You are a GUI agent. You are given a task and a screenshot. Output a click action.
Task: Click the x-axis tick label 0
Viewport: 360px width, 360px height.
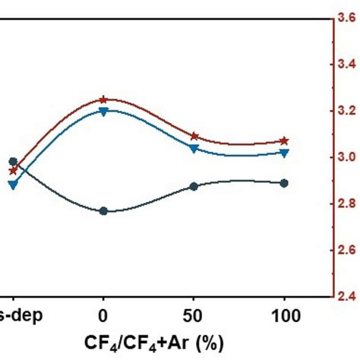pos(103,314)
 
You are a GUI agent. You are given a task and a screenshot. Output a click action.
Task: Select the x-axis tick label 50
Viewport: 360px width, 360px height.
pos(194,314)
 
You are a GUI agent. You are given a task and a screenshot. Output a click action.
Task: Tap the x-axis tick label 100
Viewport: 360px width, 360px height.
pos(284,314)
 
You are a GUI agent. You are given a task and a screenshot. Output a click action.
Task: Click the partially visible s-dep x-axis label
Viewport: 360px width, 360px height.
pos(14,314)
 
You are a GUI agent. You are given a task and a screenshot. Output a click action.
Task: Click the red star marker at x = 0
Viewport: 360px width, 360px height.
pos(103,99)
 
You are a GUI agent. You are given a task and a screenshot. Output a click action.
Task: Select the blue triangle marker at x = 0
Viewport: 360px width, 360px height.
pos(103,111)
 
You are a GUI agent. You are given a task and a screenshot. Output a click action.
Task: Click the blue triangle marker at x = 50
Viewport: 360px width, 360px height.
pos(194,149)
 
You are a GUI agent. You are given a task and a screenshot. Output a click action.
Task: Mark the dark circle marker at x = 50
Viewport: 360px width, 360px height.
pos(194,186)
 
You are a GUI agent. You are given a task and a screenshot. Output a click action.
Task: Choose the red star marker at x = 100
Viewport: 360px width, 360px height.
pos(284,141)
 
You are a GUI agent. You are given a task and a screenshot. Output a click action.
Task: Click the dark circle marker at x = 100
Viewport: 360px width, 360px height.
pos(284,183)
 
